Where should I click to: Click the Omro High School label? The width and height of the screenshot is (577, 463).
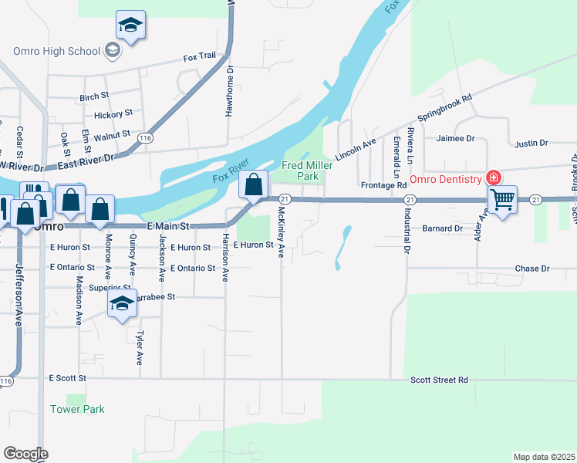click(x=57, y=51)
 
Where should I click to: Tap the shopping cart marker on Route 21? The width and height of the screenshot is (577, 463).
click(x=502, y=200)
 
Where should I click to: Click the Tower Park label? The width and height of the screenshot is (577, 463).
click(x=77, y=409)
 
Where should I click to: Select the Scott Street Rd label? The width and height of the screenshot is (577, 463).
click(x=439, y=380)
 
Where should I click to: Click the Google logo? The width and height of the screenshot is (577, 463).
click(x=25, y=453)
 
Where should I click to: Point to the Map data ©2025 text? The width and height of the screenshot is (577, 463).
click(x=543, y=457)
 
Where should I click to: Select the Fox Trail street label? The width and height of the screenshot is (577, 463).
click(x=200, y=58)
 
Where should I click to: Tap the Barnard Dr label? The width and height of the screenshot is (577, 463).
click(x=442, y=228)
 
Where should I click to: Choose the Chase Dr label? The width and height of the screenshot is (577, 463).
click(x=531, y=269)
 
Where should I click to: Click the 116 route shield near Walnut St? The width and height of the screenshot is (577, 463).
click(x=143, y=137)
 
